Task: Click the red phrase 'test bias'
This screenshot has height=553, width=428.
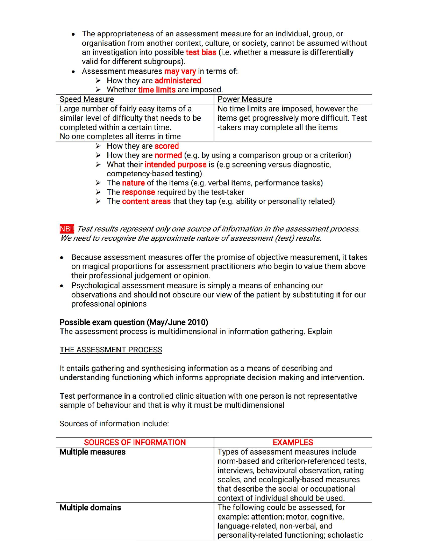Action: click(201, 52)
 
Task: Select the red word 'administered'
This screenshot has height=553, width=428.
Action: click(178, 81)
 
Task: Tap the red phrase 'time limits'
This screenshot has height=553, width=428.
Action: click(157, 90)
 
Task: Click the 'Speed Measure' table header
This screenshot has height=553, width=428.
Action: click(87, 99)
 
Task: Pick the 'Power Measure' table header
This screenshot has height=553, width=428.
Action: click(245, 99)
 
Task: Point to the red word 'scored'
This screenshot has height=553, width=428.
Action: click(166, 146)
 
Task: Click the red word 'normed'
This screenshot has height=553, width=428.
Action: click(168, 155)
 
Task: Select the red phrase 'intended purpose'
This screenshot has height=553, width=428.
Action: click(176, 164)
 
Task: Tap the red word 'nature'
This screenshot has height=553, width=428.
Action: click(133, 183)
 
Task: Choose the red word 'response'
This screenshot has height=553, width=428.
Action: click(138, 192)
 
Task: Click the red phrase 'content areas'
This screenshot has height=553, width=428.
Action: click(147, 201)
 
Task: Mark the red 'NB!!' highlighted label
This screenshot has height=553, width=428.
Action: click(67, 229)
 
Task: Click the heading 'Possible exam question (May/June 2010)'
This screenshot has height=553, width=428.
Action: click(134, 322)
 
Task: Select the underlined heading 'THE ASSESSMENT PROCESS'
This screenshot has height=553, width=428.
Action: click(111, 350)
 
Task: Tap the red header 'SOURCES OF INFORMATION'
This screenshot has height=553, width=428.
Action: click(135, 442)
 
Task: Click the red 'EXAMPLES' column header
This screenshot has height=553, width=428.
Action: click(293, 442)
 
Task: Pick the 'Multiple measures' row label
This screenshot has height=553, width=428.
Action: click(93, 452)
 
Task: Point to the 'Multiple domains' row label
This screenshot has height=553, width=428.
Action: click(90, 508)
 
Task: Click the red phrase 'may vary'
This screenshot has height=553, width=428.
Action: click(180, 71)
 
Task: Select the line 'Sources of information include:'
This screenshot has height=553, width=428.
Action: click(114, 424)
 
